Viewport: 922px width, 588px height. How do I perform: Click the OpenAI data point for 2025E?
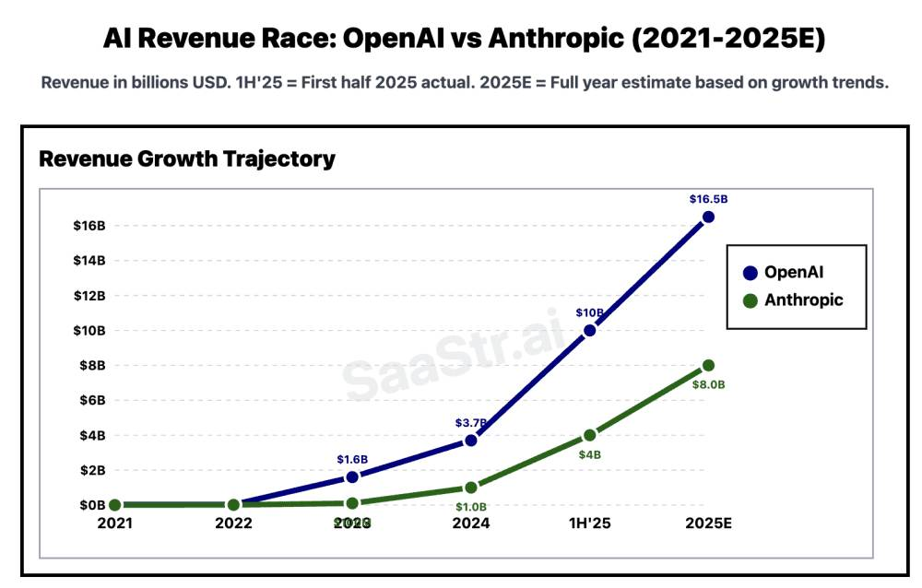tap(708, 217)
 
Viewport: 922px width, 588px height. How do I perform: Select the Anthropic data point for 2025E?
tap(708, 365)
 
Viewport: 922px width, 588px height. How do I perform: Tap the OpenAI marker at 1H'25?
tap(589, 330)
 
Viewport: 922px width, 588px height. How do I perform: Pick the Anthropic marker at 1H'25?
tap(589, 435)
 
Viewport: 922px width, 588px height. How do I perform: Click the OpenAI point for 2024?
tap(471, 440)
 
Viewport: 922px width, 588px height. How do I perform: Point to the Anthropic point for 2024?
tap(471, 488)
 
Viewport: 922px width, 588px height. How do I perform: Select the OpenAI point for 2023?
tap(352, 476)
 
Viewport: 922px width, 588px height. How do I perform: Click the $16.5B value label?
tap(708, 199)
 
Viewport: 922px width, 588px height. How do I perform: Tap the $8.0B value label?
tap(708, 384)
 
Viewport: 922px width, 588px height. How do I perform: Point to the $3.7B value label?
tap(471, 422)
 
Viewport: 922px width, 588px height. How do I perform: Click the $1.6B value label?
tap(352, 459)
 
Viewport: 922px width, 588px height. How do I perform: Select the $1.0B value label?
tap(471, 507)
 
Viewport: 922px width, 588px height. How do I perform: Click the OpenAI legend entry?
tap(793, 272)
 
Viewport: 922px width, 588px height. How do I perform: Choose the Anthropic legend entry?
tap(793, 300)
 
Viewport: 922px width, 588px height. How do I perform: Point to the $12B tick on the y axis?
tap(89, 295)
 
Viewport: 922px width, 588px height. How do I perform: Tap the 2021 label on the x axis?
tap(115, 523)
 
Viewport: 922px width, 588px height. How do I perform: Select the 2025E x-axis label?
tap(708, 523)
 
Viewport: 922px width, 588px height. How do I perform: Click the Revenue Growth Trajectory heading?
tap(187, 159)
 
